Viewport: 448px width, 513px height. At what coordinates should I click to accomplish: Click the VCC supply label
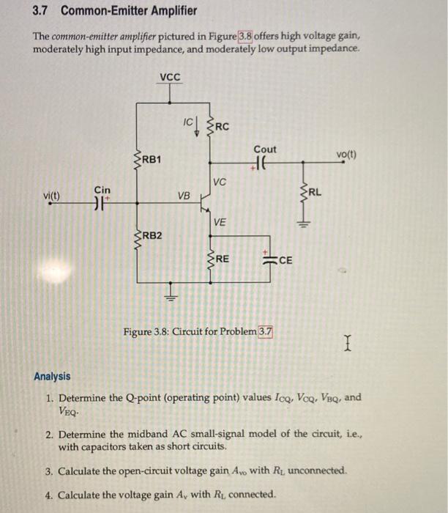pos(170,77)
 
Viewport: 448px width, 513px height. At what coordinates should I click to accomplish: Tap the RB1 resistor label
pos(152,159)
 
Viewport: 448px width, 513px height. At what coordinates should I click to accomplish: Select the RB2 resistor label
pos(152,235)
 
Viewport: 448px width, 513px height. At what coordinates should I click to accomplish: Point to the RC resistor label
pos(221,126)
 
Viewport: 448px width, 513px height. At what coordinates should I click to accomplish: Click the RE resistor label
pos(221,259)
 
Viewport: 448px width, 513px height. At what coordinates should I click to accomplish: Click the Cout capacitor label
pos(265,150)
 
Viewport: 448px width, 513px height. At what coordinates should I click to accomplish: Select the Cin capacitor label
pos(102,191)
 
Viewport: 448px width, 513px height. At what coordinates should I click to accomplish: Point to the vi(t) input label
pos(53,196)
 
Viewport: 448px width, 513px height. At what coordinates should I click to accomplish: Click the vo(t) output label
pos(347,155)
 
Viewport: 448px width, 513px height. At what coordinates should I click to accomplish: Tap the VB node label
pos(183,196)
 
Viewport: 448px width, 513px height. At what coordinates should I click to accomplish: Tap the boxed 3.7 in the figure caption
pos(265,332)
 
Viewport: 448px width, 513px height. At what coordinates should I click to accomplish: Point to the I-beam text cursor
pos(350,342)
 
